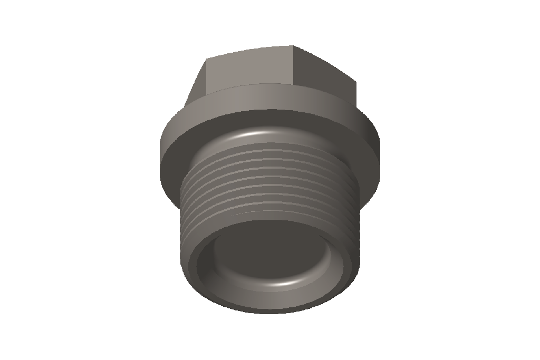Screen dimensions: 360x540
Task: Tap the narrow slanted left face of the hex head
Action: tap(196, 84)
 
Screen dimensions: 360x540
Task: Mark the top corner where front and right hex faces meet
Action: tap(293, 46)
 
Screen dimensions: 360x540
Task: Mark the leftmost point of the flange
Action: tap(160, 150)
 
